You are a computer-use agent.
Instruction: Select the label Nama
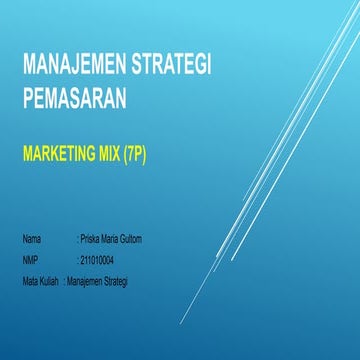point(32,241)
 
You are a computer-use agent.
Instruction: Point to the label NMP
point(30,261)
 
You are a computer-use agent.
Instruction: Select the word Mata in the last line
point(30,281)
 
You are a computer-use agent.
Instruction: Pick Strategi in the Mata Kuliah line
point(123,281)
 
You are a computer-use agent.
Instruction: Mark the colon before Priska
point(77,241)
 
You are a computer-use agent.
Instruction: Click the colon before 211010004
point(77,261)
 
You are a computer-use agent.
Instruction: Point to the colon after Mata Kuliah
point(64,281)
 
